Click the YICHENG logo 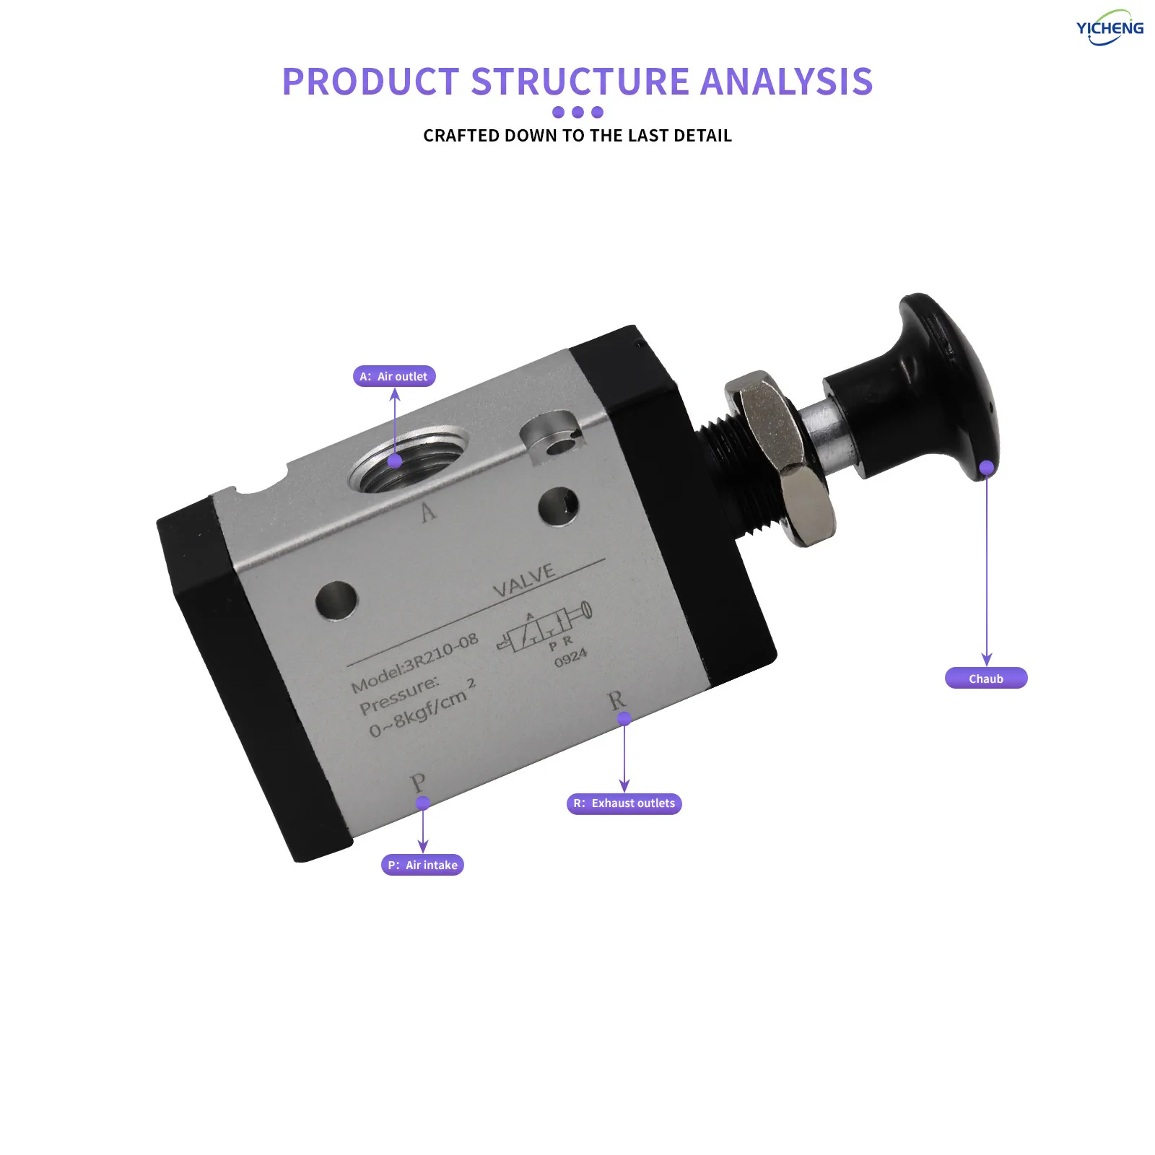pos(1110,28)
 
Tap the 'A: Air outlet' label pos(394,376)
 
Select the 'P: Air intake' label pos(422,865)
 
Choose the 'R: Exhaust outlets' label pos(624,803)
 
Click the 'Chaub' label pos(986,679)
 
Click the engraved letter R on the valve pos(616,700)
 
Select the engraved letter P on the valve pos(417,783)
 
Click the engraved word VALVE pos(524,580)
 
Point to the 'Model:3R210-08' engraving pos(414,663)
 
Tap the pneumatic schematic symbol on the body pos(545,629)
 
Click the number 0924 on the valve pos(570,658)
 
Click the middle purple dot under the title pos(577,112)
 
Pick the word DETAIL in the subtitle pos(702,136)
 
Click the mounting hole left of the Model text pos(336,599)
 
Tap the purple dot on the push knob pos(987,468)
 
